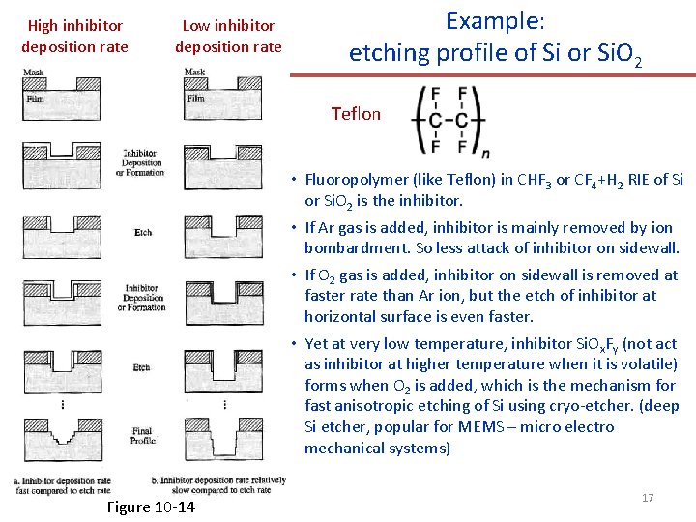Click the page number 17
[x=648, y=497]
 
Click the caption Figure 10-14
[x=150, y=507]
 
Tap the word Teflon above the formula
[x=356, y=114]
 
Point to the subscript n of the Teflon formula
[x=484, y=152]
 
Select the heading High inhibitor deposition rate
[x=74, y=36]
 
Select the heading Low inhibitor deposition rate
[x=228, y=36]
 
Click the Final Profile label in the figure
[x=142, y=435]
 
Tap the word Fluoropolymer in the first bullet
[x=353, y=179]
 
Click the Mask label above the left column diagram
[x=33, y=72]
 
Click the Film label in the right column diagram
[x=195, y=99]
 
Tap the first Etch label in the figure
[x=142, y=232]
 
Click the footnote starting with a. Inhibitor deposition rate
[x=63, y=485]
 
